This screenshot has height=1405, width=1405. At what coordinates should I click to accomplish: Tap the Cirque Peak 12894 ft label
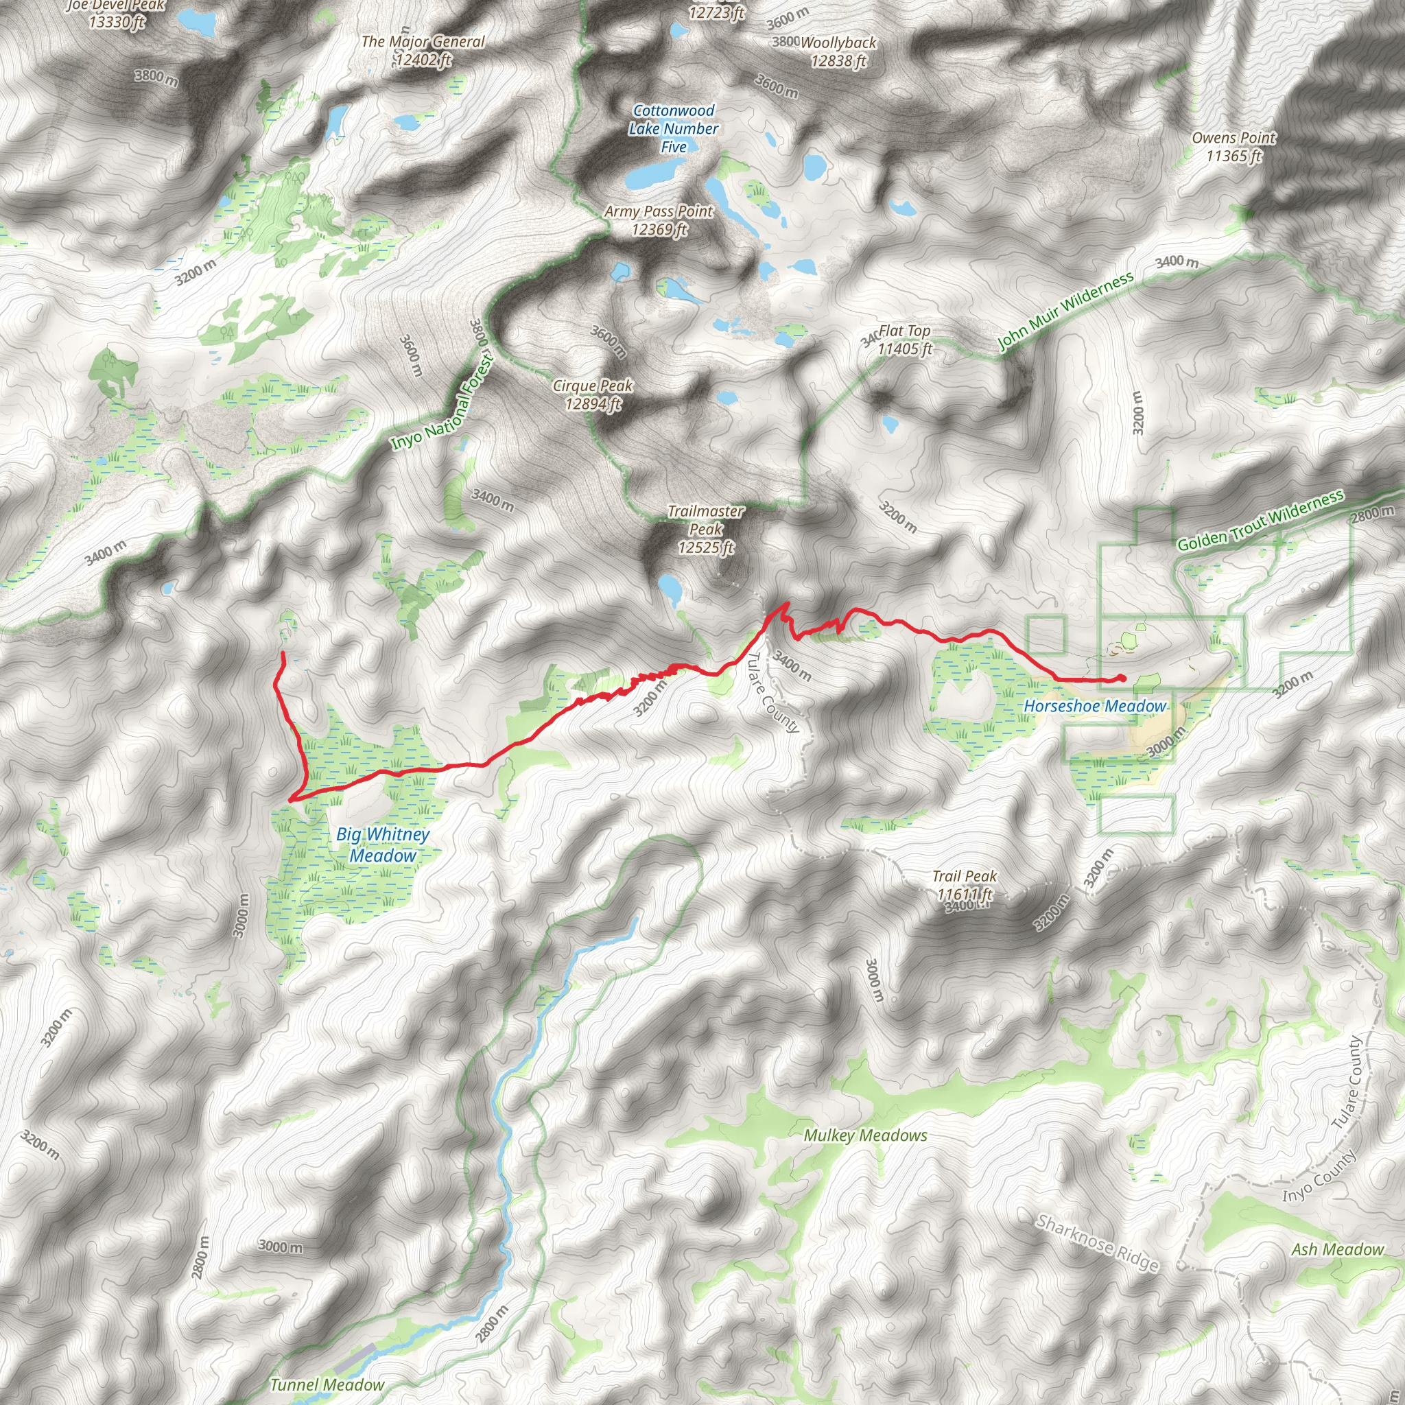(593, 394)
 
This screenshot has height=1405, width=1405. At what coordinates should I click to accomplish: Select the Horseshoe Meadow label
(1094, 705)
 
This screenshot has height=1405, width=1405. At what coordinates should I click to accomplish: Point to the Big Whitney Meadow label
(383, 845)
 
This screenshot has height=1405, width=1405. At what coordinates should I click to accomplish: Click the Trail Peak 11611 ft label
(965, 885)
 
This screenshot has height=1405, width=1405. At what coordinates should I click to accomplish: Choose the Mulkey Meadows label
(865, 1135)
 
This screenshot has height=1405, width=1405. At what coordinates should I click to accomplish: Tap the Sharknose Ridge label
(1098, 1243)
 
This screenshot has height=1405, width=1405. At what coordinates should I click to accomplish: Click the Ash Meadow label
(1337, 1249)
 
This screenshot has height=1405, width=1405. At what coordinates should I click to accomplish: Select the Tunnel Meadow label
(327, 1384)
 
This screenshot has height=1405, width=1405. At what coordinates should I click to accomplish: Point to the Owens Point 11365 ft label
(1233, 146)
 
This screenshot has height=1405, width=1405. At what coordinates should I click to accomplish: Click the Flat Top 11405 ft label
(904, 340)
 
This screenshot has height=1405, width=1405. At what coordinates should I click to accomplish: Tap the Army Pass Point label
(659, 220)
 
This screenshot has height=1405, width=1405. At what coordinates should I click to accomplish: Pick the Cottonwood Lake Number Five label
(674, 129)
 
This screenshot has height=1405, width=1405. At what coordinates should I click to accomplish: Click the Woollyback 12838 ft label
(838, 51)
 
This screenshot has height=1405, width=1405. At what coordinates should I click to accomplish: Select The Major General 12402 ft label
(423, 50)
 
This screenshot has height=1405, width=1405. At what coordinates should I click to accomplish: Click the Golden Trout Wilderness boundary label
(1260, 521)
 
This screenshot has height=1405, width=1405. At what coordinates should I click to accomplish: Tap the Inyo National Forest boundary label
(442, 401)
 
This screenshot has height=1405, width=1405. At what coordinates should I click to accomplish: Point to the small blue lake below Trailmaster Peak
(670, 590)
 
